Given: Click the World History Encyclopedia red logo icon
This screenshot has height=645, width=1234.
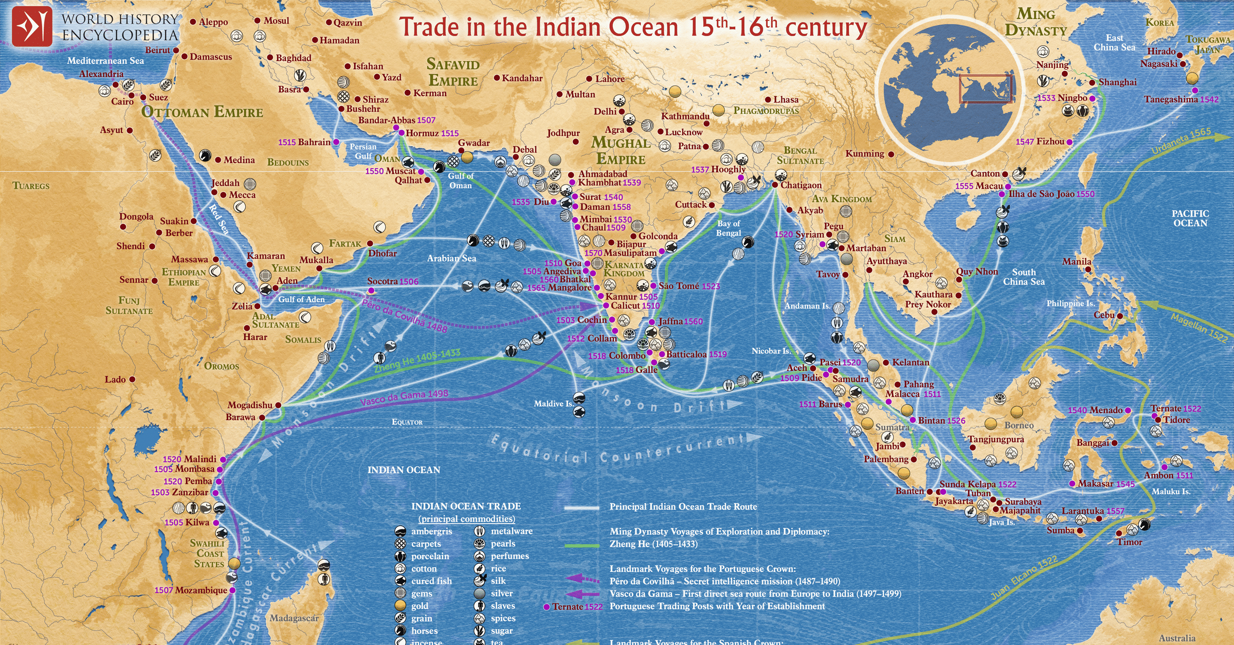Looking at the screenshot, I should click(x=32, y=27).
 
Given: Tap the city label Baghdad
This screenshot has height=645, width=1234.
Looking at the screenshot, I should click(x=293, y=58).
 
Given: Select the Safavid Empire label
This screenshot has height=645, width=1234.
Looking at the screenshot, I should click(x=452, y=72).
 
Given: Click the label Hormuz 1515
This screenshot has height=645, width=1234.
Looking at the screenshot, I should click(x=432, y=133).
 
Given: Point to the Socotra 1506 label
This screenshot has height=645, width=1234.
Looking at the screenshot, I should click(x=392, y=281).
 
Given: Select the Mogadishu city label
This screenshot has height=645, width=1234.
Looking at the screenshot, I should click(x=250, y=405).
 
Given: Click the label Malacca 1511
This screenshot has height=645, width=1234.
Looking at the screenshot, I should click(x=913, y=394).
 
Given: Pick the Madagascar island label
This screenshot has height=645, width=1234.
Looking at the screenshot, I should click(x=294, y=618).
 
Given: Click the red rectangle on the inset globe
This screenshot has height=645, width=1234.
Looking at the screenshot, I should click(x=985, y=89).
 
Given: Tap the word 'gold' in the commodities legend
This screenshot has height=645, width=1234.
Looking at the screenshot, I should click(x=420, y=606).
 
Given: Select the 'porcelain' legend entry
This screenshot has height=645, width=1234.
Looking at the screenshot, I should click(x=430, y=556).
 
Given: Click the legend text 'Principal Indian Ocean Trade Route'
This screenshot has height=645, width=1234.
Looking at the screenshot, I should click(x=683, y=507).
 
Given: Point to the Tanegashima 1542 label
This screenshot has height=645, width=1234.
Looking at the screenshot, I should click(x=1181, y=99).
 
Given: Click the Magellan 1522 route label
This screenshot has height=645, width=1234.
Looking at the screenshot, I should click(x=1198, y=328).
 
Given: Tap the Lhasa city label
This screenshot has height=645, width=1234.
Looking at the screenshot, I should click(x=786, y=99).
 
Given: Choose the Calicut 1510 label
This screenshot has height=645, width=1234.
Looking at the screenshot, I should click(x=634, y=306).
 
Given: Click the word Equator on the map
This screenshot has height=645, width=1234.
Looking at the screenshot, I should click(x=407, y=422).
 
